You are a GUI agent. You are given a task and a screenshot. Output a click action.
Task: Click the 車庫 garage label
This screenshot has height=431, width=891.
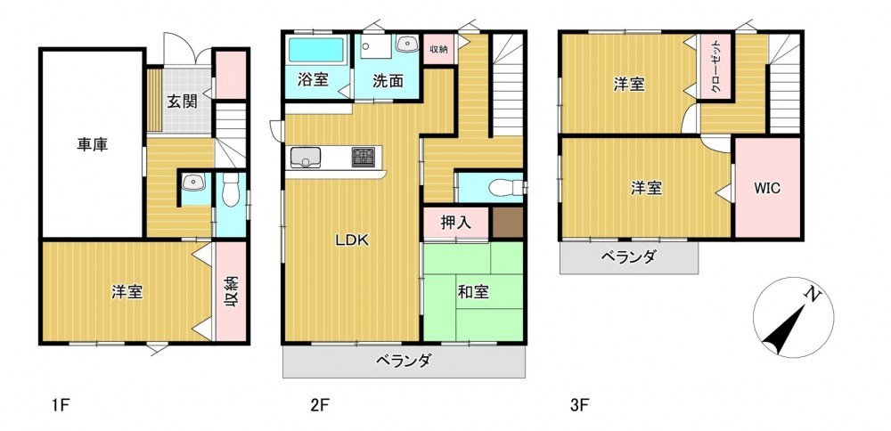[93, 144]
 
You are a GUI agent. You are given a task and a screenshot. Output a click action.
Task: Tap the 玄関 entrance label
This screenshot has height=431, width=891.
[182, 102]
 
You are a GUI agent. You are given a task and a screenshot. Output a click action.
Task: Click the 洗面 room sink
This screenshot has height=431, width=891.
[406, 43]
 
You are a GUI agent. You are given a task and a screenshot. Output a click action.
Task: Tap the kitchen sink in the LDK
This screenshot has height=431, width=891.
[306, 158]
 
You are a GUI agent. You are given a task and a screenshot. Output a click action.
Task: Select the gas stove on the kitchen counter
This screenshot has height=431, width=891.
[364, 156]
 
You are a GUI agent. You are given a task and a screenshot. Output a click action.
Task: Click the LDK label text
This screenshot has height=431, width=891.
[352, 240]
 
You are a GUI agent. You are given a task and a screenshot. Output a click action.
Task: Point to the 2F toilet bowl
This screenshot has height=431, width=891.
[504, 187]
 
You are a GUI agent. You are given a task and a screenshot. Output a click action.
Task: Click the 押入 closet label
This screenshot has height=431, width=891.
[456, 223]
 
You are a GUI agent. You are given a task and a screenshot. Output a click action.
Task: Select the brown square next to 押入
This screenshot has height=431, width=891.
[508, 223]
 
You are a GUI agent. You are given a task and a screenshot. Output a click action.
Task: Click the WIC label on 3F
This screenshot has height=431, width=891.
[768, 188]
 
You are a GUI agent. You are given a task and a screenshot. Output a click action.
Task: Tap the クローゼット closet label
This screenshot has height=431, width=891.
[715, 68]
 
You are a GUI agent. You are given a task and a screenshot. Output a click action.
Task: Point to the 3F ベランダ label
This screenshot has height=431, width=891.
[628, 257]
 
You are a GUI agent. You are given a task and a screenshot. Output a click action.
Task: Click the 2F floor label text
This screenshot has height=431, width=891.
[319, 405]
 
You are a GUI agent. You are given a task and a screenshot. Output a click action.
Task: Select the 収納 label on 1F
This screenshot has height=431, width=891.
[231, 292]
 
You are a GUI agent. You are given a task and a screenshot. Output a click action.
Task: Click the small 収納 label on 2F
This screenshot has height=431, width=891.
[438, 49]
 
